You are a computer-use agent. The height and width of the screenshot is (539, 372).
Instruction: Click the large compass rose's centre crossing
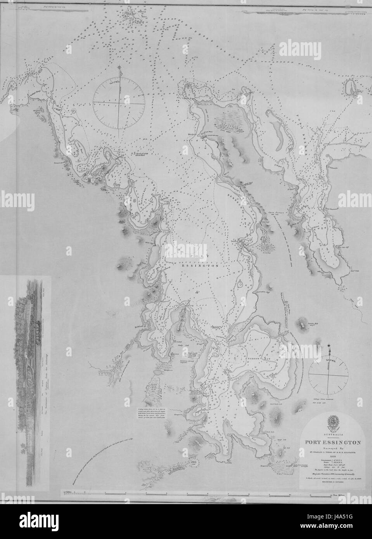tap(119, 103)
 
